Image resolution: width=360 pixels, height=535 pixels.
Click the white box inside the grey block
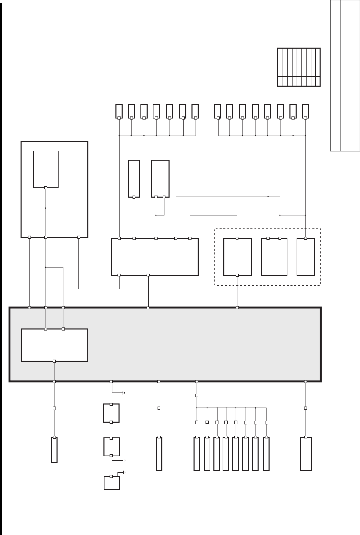[54, 345]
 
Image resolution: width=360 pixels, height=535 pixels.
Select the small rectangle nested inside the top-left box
[46, 169]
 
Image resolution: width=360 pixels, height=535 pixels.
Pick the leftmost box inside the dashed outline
[237, 257]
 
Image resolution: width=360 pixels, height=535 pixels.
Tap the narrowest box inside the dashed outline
[306, 257]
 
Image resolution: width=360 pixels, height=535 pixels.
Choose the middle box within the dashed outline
[274, 257]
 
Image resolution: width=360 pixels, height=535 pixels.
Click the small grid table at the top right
[299, 67]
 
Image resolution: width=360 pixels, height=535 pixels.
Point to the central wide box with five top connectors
[155, 257]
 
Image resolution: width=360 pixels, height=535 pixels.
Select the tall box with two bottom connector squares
[160, 178]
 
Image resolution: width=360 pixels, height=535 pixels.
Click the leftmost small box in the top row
[119, 111]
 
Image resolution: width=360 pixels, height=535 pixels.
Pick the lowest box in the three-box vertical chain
[112, 483]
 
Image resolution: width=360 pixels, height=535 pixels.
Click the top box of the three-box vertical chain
[111, 413]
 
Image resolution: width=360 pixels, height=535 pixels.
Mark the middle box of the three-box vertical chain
[111, 447]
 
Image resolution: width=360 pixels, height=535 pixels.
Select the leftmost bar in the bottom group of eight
[197, 453]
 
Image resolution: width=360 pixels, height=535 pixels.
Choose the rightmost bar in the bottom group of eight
[266, 453]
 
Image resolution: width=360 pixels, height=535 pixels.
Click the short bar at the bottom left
[54, 450]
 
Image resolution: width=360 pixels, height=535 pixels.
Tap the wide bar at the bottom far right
[306, 453]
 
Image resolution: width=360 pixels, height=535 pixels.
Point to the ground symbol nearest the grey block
[123, 393]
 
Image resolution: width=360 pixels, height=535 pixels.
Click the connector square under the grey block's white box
[54, 361]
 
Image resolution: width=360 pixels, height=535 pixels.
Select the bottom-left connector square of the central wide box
[119, 275]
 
